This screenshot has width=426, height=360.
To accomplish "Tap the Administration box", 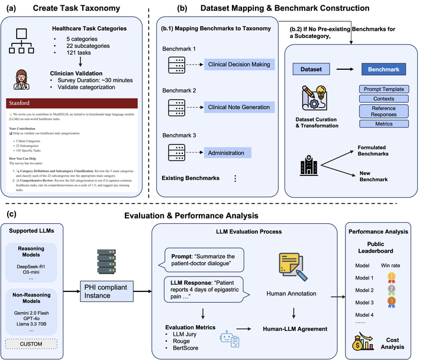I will [228, 153].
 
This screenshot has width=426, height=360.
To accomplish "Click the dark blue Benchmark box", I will [383, 69].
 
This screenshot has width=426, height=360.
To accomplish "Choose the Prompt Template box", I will [383, 89].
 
